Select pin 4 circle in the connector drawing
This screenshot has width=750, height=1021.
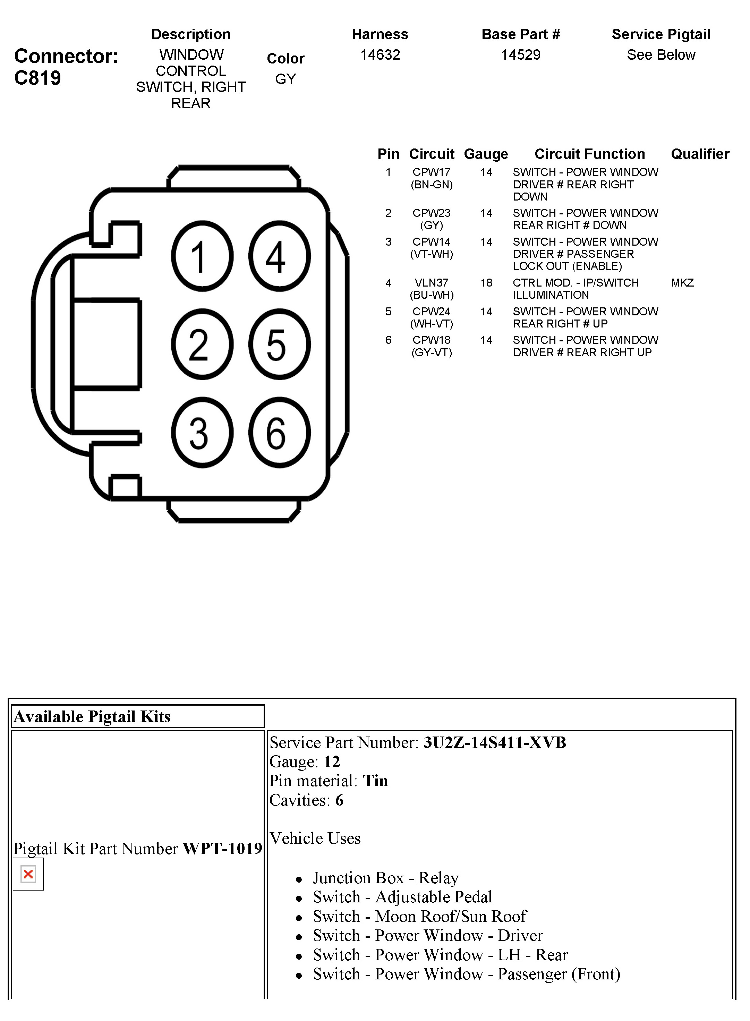(x=279, y=256)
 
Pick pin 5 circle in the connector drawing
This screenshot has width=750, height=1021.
(x=279, y=344)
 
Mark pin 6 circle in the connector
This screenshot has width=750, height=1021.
(x=279, y=432)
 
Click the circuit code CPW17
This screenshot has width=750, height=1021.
(x=431, y=172)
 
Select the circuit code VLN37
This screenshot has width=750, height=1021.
(x=431, y=283)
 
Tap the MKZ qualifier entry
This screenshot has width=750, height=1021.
(x=682, y=283)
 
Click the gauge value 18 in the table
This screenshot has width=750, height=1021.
(x=486, y=283)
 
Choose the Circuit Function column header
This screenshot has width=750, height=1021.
(x=589, y=154)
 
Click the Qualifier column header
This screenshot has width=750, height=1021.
(x=700, y=154)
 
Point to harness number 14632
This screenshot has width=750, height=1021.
(x=380, y=55)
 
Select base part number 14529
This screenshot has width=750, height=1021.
(x=520, y=55)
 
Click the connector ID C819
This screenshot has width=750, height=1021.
(x=38, y=78)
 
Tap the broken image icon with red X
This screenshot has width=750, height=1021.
(x=28, y=874)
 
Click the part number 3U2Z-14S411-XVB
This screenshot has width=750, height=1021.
(x=494, y=743)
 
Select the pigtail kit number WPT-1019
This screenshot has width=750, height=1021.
(x=222, y=849)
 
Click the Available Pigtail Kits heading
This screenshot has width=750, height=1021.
(x=92, y=716)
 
